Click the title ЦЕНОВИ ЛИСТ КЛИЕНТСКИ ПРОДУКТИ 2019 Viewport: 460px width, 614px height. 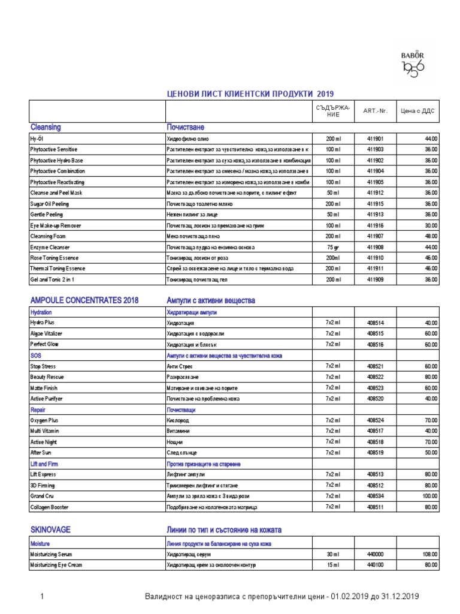pos(250,94)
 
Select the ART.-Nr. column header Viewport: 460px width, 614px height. pos(375,111)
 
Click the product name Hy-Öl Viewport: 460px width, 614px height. pos(37,139)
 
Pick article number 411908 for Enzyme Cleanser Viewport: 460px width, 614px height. pos(375,247)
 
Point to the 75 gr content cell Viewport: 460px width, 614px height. pos(333,247)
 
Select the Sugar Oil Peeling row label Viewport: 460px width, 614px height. pos(49,204)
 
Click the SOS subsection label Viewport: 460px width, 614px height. pos(35,356)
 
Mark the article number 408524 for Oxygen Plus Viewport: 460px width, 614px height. pos(375,421)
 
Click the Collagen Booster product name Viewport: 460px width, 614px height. pos(49,507)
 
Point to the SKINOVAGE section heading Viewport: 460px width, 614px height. pos(50,530)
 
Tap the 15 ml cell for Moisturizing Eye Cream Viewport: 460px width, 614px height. pos(333,565)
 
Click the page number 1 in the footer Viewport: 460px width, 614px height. pos(42,596)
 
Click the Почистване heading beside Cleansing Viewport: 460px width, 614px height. pos(185,127)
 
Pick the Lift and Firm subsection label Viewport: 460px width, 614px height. pos(44,464)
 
